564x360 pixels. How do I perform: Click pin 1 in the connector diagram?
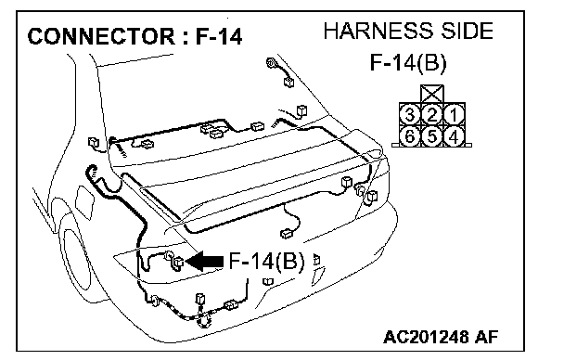click(x=455, y=115)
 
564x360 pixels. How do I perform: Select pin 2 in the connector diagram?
click(x=432, y=115)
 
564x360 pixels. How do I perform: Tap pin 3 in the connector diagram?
click(x=410, y=115)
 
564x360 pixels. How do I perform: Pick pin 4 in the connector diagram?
click(x=455, y=136)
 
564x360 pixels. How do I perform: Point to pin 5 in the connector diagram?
click(x=432, y=136)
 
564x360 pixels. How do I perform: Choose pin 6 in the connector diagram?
click(x=410, y=136)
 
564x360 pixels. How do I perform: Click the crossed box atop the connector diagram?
click(x=432, y=95)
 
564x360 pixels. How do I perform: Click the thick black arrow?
click(x=204, y=261)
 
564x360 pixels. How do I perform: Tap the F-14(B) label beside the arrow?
click(x=266, y=261)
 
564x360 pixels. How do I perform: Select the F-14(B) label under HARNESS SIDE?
click(x=408, y=63)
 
